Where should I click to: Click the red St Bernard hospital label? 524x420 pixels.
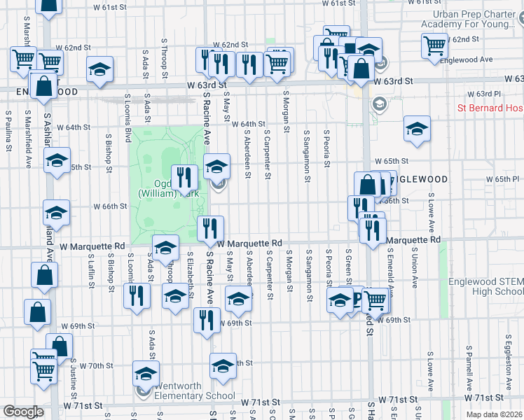pyautogui.click(x=490, y=108)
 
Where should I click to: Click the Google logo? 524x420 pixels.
pyautogui.click(x=23, y=412)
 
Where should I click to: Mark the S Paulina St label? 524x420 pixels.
pyautogui.click(x=8, y=119)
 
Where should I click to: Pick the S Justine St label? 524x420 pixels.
pyautogui.click(x=73, y=372)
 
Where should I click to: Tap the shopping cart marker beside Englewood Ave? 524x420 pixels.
pyautogui.click(x=435, y=45)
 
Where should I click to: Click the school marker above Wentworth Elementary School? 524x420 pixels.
pyautogui.click(x=146, y=374)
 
